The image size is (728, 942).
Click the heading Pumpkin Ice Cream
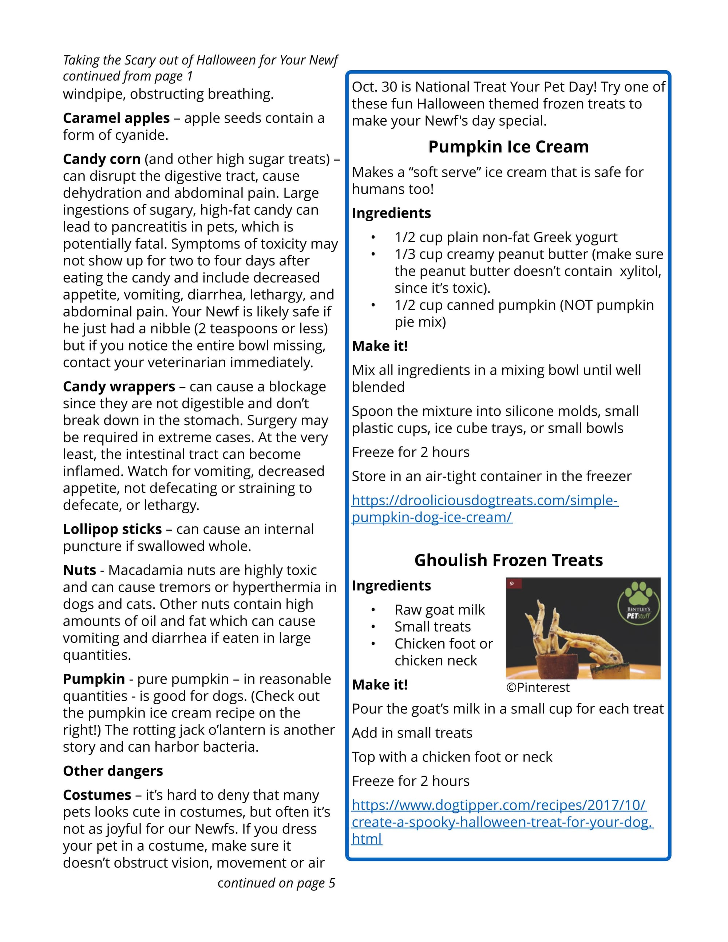point(508,147)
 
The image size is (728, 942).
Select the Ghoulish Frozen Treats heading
point(508,560)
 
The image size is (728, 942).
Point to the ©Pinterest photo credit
point(537,688)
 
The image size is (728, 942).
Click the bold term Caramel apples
point(116,118)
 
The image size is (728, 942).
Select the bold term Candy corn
point(102,159)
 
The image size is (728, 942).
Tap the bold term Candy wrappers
point(119,387)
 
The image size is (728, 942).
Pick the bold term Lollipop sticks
point(112,529)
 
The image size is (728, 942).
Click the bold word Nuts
point(79,570)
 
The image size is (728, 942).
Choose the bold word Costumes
point(97,795)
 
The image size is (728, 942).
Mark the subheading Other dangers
point(113,771)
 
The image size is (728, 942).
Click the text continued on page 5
point(276,883)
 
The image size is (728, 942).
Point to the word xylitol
point(640,271)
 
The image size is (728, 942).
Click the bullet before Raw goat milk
point(373,610)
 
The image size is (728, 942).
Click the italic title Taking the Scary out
point(200,60)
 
